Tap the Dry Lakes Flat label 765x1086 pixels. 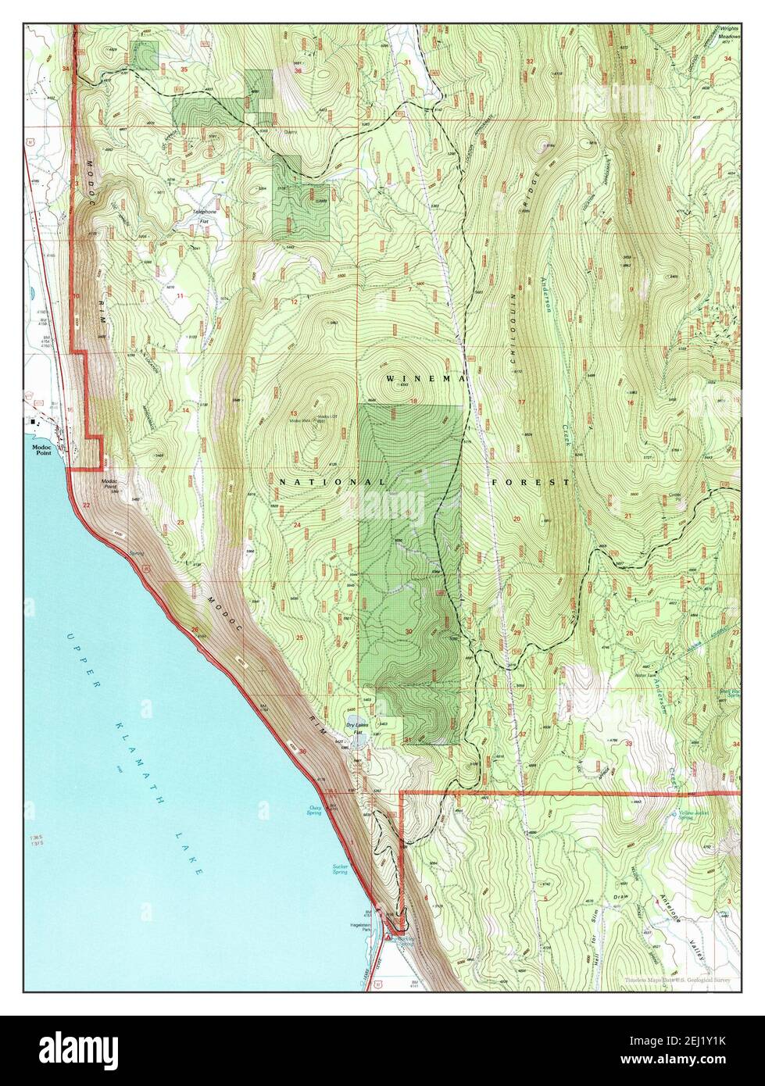click(357, 728)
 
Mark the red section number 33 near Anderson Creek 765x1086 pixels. click(629, 744)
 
